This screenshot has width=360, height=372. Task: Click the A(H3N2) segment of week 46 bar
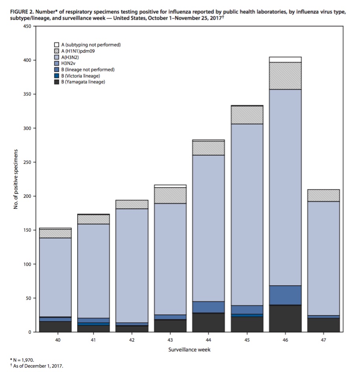[285, 188]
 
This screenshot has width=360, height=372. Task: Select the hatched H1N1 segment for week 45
[247, 115]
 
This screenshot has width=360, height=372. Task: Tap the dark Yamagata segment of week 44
[208, 322]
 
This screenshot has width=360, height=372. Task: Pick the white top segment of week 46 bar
[285, 60]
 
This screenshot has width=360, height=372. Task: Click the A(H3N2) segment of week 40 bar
[55, 277]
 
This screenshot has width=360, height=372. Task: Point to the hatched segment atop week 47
[323, 195]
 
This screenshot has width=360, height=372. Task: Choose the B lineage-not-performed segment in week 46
[285, 295]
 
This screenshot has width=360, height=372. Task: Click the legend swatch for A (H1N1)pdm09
[57, 51]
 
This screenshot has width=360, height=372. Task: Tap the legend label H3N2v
[68, 63]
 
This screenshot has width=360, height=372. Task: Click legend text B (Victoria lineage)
[81, 76]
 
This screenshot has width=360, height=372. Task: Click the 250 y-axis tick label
[28, 162]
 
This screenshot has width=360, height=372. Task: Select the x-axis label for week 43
[170, 340]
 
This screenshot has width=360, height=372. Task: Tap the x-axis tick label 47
[323, 340]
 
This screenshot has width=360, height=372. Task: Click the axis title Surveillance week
[189, 350]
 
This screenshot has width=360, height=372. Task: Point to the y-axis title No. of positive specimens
[16, 179]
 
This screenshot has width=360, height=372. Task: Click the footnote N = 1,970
[22, 360]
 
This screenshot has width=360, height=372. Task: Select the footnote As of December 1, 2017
[37, 366]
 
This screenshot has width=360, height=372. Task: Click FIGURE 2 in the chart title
[22, 12]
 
